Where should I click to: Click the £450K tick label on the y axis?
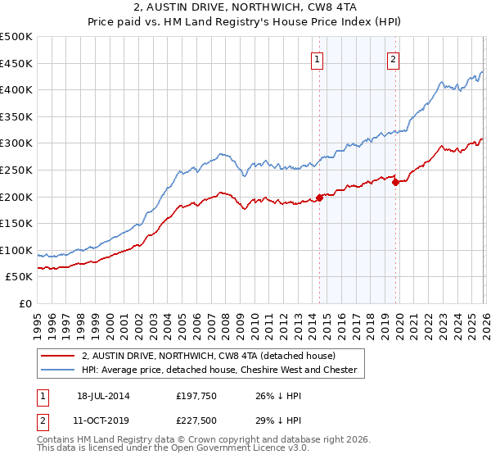[17, 63]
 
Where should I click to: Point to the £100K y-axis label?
[17, 250]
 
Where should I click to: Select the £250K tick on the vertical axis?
[17, 170]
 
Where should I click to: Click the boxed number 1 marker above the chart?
[317, 58]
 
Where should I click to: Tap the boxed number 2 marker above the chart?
[394, 58]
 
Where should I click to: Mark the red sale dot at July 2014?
[319, 197]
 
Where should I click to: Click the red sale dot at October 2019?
[395, 182]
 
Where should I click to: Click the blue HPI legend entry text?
[219, 370]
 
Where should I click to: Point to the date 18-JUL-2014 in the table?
[103, 395]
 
